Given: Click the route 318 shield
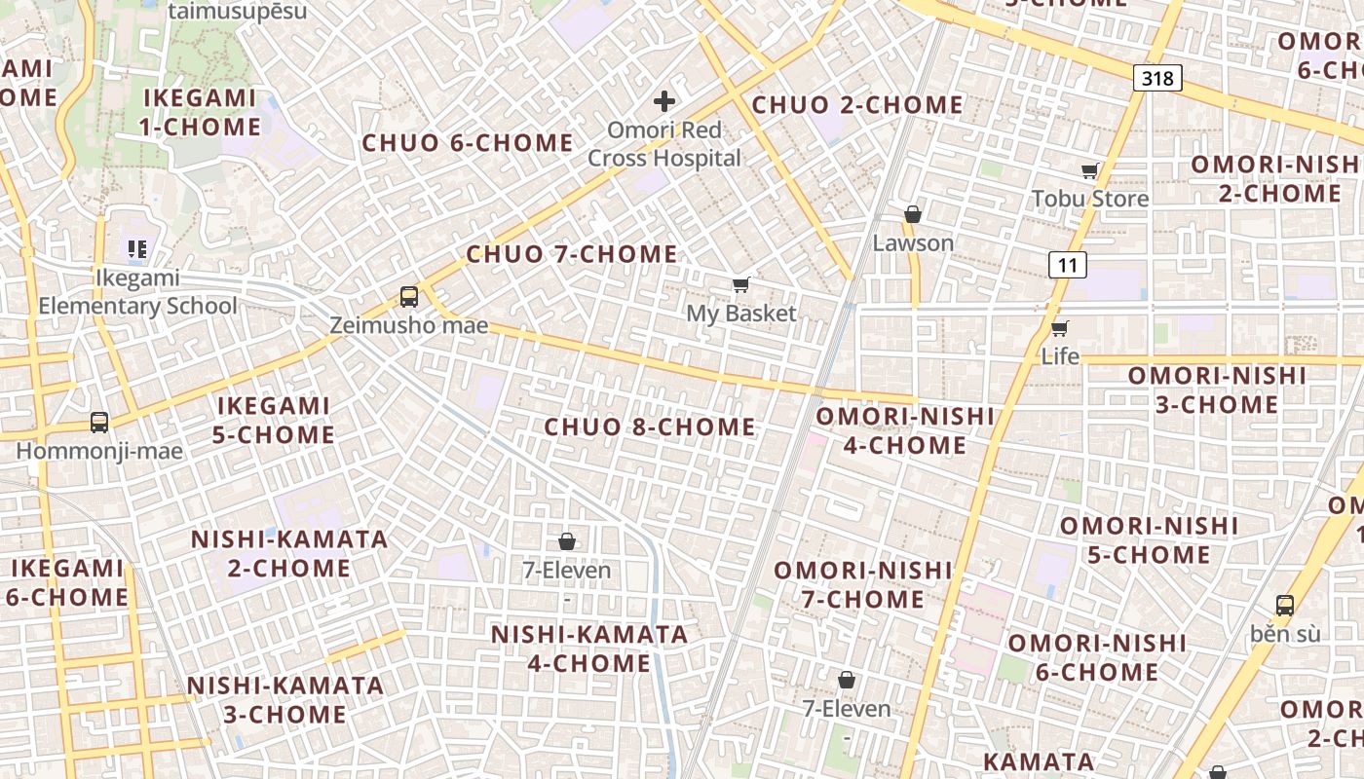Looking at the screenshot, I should point(1157,78).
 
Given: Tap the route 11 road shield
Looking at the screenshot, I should point(1068,264).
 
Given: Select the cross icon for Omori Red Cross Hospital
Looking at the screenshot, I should point(664,101).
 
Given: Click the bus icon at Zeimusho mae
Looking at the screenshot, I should point(409,297).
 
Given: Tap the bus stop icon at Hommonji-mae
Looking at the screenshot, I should point(99,423).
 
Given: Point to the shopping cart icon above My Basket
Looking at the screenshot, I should point(741,285).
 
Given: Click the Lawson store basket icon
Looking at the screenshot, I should point(913,214).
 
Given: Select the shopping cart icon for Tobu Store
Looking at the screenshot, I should point(1090,171).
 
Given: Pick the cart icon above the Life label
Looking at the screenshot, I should point(1060,328).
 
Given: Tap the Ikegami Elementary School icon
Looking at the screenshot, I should point(137,249).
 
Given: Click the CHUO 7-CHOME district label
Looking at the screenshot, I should point(572,254).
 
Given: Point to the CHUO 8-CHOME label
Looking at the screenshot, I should point(650,427).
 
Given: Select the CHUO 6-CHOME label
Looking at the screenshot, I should point(468,143).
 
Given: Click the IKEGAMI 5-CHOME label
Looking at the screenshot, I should point(274,420).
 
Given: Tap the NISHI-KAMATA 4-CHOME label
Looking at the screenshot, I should point(589,649).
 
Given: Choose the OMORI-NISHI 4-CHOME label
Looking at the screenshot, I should point(905,430).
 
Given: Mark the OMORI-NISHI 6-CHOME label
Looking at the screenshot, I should point(1097,657).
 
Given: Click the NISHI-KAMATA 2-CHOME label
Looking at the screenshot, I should point(289,553).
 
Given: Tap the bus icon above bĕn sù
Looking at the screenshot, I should point(1285,605).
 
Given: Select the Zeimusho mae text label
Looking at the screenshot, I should point(408,325).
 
